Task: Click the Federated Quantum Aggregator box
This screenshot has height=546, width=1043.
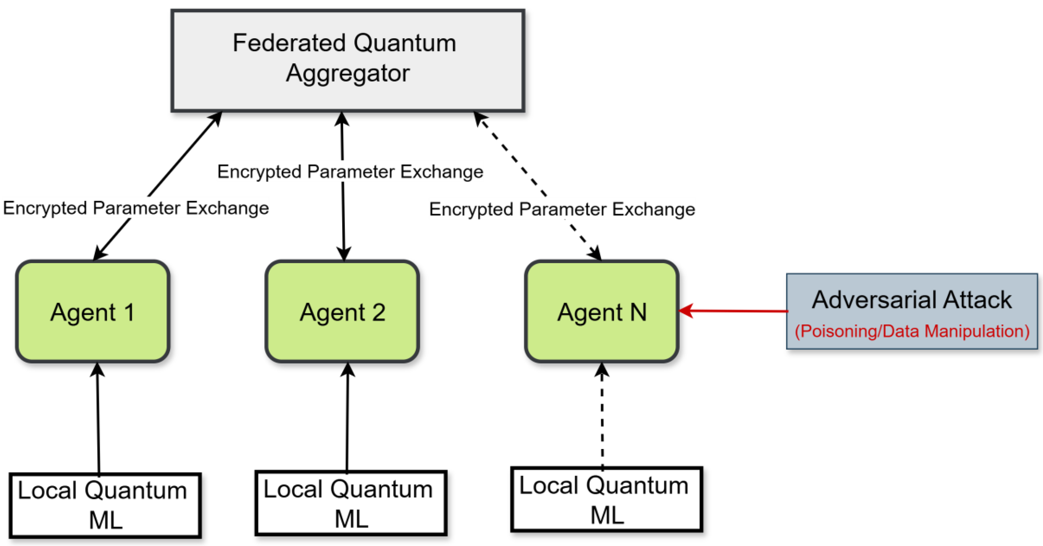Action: [348, 60]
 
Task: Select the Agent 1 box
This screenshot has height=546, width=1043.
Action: [93, 311]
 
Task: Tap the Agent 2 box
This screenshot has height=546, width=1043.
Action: [342, 311]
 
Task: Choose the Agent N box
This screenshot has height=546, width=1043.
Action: [602, 311]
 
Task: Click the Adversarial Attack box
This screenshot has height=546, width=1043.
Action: [912, 311]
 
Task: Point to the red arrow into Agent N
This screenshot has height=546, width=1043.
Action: [733, 311]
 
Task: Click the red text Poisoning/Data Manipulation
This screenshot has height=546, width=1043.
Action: [912, 331]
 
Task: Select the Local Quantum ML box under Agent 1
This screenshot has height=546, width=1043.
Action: [105, 505]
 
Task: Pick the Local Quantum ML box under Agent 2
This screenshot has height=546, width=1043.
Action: [351, 503]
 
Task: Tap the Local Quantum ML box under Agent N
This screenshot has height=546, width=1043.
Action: [606, 499]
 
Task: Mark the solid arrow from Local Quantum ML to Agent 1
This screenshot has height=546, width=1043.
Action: [98, 418]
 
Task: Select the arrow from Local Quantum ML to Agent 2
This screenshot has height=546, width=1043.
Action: [347, 417]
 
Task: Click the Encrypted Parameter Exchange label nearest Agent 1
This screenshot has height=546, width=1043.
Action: [136, 208]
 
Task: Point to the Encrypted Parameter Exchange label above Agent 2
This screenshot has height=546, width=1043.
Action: [350, 172]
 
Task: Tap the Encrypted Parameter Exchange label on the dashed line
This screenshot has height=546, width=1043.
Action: [562, 209]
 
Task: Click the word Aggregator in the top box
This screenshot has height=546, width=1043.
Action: [348, 73]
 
